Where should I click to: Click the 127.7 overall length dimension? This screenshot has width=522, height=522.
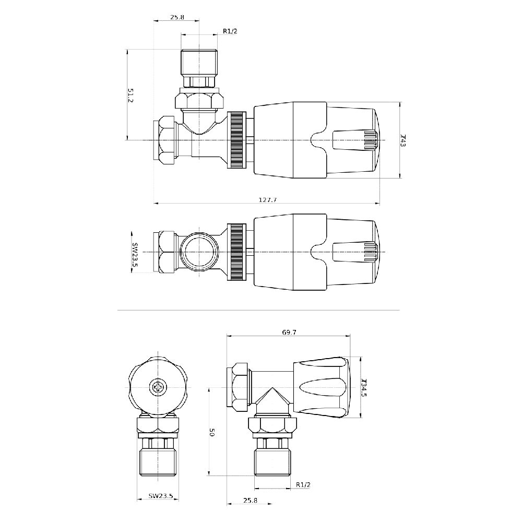point(268,200)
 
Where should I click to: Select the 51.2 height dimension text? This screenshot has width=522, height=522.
point(130,95)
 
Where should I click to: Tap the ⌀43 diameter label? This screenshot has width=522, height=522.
point(403,140)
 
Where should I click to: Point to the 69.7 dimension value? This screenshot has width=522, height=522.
point(289,332)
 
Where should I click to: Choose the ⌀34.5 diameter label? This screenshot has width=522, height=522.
point(364,387)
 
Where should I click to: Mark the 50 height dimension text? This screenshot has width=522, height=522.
point(212,432)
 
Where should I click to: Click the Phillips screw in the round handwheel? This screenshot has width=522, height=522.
point(157,387)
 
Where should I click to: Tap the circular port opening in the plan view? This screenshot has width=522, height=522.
point(199,252)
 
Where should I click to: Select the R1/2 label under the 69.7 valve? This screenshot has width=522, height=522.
point(303,485)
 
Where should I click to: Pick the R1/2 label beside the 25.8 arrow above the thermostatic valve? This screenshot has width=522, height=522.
point(230,31)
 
